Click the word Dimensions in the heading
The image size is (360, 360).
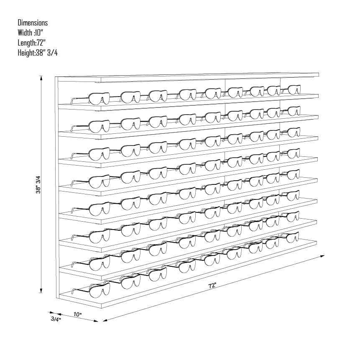33,23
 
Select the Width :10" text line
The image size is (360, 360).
31,33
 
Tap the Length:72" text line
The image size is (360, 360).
32,43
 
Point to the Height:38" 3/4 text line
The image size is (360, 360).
38,53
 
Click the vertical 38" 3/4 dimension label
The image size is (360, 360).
38,184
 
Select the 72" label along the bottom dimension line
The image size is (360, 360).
212,286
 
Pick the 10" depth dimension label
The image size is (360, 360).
78,314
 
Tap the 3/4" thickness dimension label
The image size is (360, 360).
56,319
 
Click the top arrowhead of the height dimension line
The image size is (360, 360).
41,78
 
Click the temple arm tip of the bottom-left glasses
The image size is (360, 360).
73,291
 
